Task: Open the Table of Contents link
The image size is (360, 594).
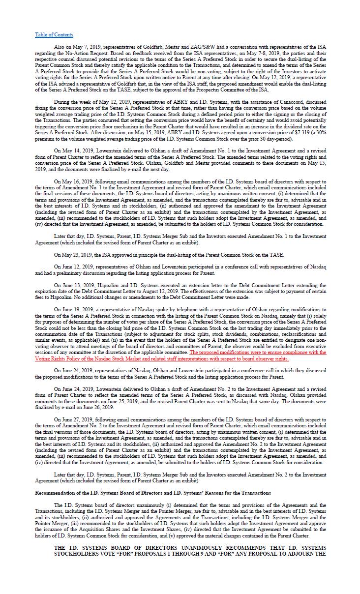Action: coord(54,34)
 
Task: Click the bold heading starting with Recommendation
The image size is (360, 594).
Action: coord(152,492)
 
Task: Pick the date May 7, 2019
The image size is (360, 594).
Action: coord(82,48)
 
